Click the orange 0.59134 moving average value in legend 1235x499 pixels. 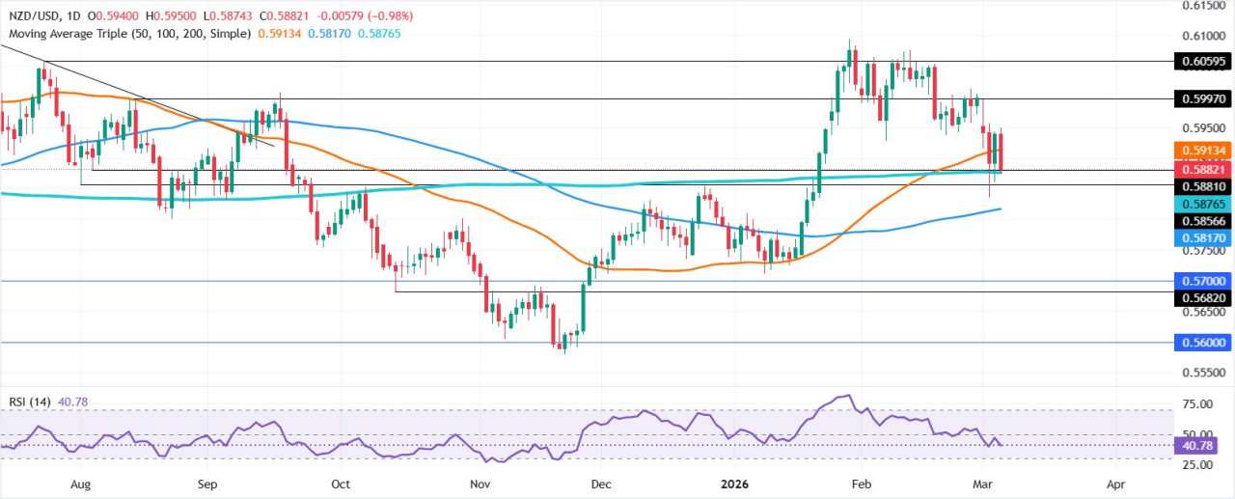pos(279,33)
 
